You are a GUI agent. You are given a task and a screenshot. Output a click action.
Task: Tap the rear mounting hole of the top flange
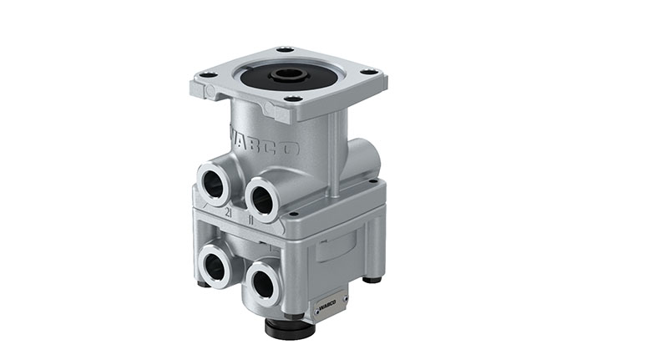(286, 50)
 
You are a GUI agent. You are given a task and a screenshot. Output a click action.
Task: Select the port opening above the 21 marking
(215, 183)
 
